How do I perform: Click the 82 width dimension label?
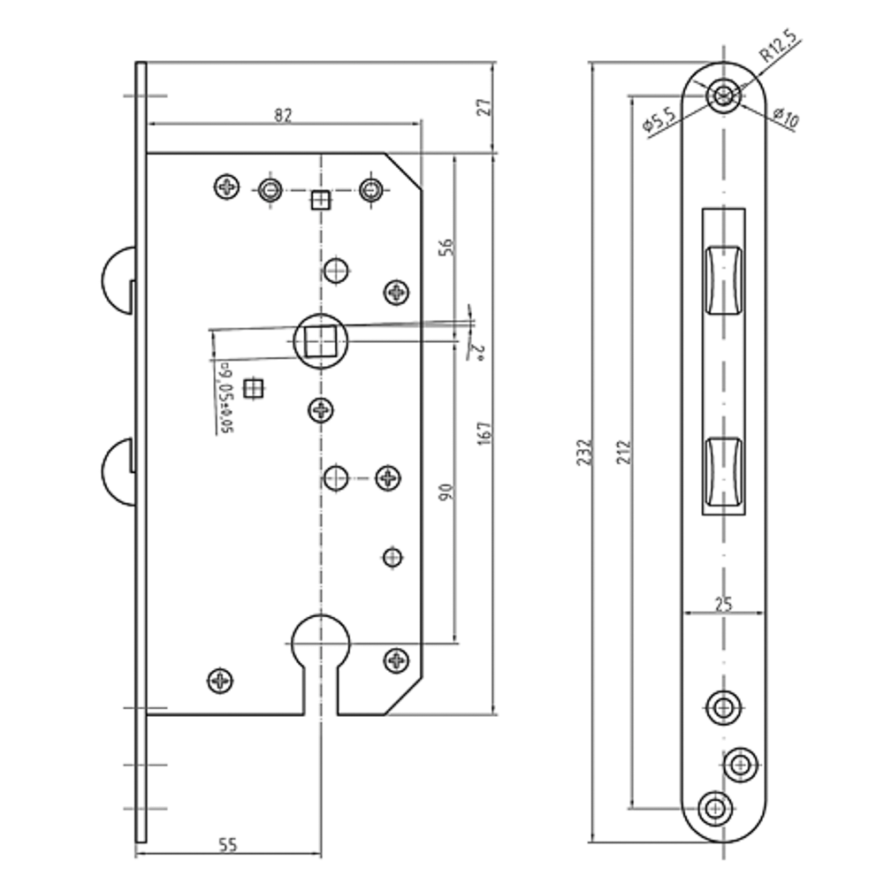(x=282, y=114)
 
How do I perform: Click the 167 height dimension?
(x=484, y=433)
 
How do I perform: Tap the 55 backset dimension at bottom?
(x=227, y=845)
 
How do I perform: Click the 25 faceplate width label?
(x=723, y=605)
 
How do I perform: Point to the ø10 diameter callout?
(x=784, y=118)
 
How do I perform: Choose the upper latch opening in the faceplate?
(x=723, y=278)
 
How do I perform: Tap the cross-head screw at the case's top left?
(x=227, y=187)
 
